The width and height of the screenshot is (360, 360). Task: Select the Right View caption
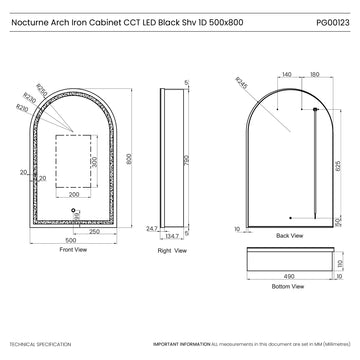tap(172, 252)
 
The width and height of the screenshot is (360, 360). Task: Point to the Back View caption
tap(289, 236)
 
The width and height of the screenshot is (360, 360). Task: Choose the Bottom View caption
tap(288, 286)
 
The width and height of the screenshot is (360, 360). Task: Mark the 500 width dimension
tap(71, 240)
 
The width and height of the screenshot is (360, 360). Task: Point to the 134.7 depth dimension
tap(171, 237)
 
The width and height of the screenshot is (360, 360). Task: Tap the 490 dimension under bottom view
tap(289, 276)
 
